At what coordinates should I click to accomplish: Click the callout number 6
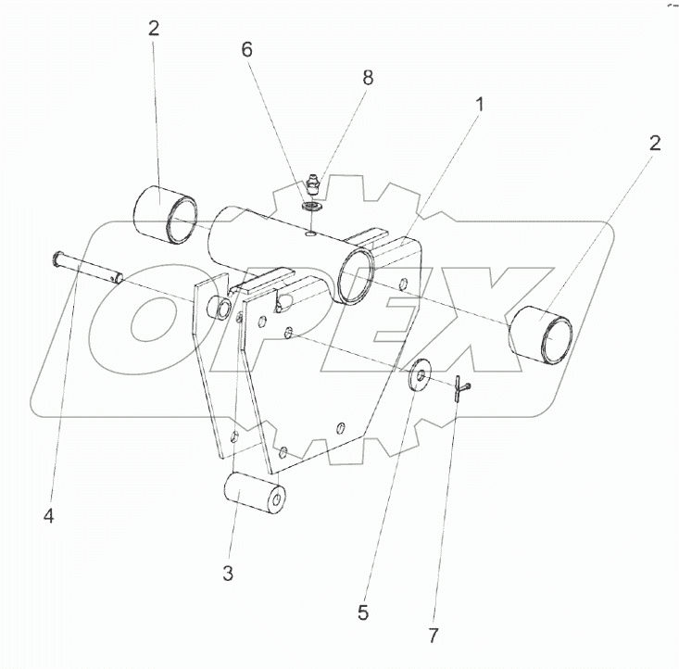click(246, 50)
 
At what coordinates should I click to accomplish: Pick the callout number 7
click(434, 636)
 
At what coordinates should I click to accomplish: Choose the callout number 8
click(368, 79)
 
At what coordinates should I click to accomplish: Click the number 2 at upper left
click(154, 28)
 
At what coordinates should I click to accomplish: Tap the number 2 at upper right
click(655, 143)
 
